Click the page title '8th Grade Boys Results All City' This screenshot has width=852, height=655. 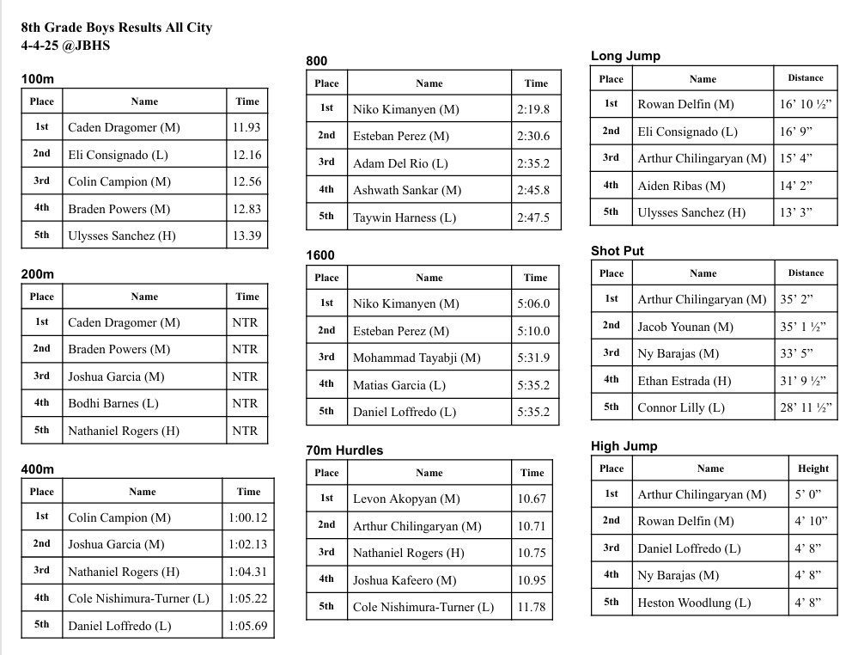click(117, 28)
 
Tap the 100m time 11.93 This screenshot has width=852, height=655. click(246, 127)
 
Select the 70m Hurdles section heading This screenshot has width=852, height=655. click(344, 450)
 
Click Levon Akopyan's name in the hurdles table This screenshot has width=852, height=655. click(406, 499)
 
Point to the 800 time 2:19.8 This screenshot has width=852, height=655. click(533, 109)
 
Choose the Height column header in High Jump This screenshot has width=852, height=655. click(812, 468)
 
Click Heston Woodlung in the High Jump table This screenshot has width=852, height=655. click(694, 603)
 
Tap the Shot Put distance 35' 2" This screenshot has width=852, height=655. click(796, 299)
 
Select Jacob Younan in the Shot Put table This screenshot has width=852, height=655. click(685, 327)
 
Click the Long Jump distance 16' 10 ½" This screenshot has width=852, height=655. click(804, 104)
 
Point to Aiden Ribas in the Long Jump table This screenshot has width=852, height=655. click(681, 186)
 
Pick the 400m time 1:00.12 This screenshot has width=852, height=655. click(247, 517)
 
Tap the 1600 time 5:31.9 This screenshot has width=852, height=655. click(533, 358)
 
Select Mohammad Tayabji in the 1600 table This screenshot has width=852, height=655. click(417, 358)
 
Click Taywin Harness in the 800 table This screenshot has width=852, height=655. click(404, 217)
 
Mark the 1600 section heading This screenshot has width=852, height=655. click(320, 255)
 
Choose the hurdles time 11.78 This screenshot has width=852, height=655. click(532, 607)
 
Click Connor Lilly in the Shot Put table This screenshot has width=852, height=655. click(681, 407)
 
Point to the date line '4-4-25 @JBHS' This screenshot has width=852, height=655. click(66, 46)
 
